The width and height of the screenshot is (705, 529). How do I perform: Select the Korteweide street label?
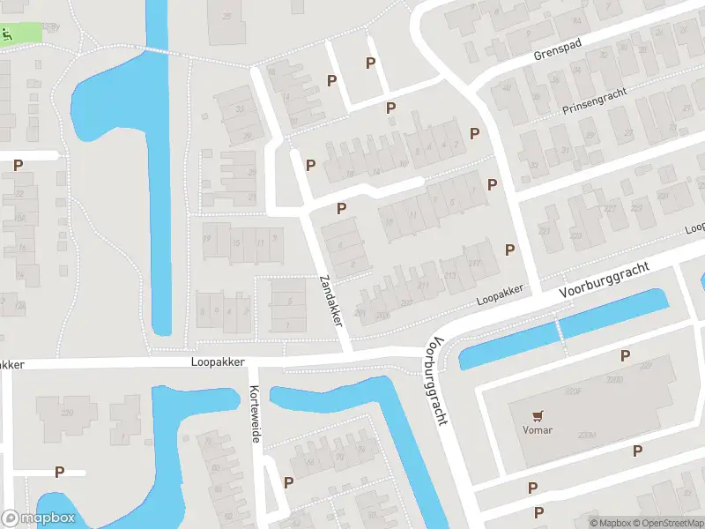(256, 414)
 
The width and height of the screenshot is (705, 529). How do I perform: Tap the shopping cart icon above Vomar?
(537, 414)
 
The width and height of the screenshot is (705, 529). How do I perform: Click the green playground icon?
(7, 35)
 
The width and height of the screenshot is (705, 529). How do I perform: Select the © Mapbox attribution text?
(612, 523)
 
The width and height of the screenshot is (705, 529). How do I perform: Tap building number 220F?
(575, 391)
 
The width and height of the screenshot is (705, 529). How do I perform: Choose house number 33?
(241, 109)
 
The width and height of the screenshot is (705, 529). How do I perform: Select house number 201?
(360, 313)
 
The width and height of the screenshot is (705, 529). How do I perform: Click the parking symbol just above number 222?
(625, 355)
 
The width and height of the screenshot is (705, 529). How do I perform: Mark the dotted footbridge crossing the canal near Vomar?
(558, 332)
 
